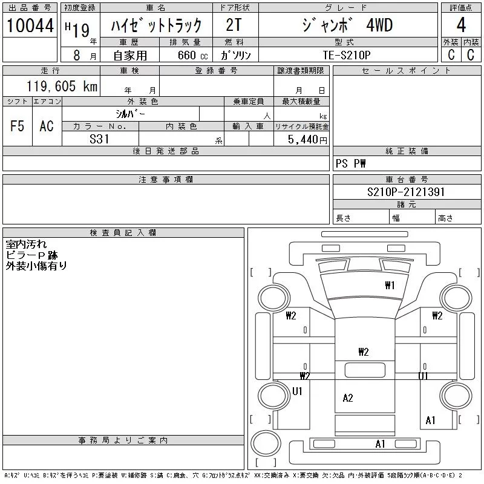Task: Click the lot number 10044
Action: (30, 25)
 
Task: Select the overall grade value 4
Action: (461, 25)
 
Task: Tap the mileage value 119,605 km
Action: (62, 86)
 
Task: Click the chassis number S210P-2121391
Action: (406, 192)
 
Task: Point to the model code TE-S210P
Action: (347, 55)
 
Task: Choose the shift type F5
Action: (18, 126)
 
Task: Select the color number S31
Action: (99, 139)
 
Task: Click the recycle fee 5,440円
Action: (307, 140)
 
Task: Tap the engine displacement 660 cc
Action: (192, 55)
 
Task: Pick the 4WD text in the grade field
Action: (379, 25)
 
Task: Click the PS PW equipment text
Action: (351, 163)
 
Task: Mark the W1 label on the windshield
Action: (390, 285)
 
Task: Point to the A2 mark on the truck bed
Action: (348, 398)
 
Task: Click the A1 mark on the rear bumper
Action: (381, 444)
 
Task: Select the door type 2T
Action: (234, 25)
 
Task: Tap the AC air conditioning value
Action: (47, 126)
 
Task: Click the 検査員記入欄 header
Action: (123, 232)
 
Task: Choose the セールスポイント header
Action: (406, 71)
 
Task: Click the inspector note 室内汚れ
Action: (26, 244)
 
